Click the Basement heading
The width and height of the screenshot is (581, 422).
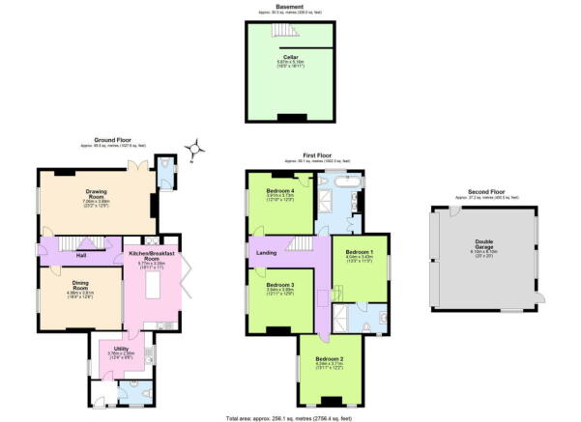(x=289, y=7)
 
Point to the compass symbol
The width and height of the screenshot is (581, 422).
(x=197, y=148)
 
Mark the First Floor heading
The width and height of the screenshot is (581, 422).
(x=315, y=155)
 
